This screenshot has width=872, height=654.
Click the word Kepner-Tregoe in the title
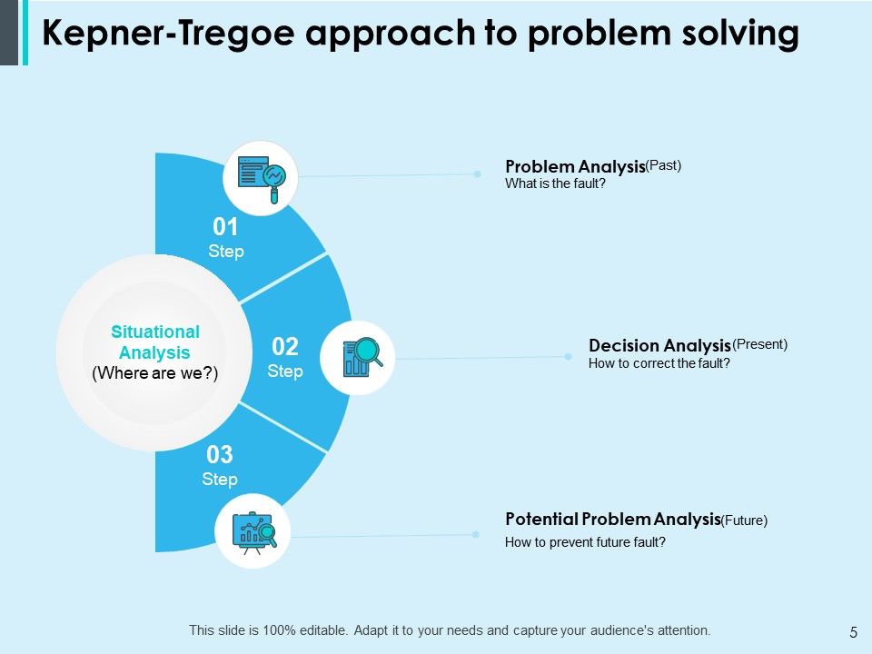click(x=170, y=34)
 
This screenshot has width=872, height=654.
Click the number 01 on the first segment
click(x=225, y=226)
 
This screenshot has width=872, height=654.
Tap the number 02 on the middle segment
click(x=285, y=346)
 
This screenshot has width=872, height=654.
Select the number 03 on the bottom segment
click(x=220, y=454)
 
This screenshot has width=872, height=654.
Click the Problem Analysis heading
click(x=574, y=167)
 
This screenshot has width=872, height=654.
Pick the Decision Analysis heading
click(x=659, y=346)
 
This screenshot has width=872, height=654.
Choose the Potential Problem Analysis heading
click(x=612, y=520)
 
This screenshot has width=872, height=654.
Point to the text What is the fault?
click(x=554, y=183)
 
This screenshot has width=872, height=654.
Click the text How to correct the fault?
click(x=659, y=363)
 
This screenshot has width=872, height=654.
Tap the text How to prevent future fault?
click(x=585, y=542)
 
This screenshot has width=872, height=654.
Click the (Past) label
click(x=663, y=165)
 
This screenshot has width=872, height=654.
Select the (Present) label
click(x=759, y=344)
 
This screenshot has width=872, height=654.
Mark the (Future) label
click(x=744, y=520)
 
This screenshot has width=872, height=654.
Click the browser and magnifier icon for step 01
click(x=262, y=177)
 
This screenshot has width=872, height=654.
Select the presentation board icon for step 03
click(x=253, y=530)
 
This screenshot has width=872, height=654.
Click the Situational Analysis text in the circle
click(x=154, y=342)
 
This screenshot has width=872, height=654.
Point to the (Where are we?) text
click(x=155, y=372)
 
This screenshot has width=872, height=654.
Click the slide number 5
click(x=853, y=632)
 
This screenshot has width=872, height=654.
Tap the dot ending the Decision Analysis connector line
click(x=569, y=357)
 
